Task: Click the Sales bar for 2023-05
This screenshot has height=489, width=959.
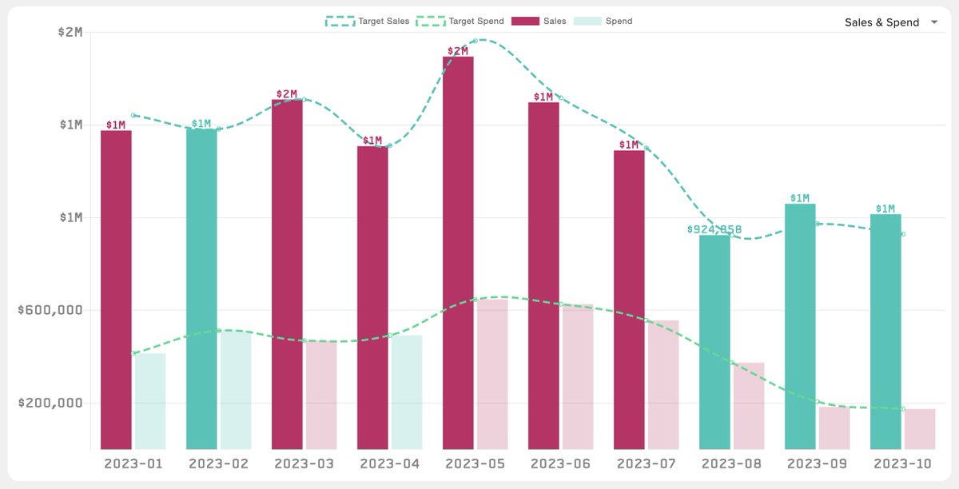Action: [458, 252]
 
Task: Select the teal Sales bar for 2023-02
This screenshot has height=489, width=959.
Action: [201, 288]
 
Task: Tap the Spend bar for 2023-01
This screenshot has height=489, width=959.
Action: [150, 401]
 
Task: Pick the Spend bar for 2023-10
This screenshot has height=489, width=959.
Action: [920, 429]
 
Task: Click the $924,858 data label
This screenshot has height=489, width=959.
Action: [714, 229]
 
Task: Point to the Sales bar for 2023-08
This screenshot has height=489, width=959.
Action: [714, 342]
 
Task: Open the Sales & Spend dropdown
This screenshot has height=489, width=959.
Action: [890, 22]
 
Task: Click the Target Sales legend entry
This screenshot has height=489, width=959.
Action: [367, 21]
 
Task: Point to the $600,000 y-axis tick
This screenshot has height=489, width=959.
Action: [50, 310]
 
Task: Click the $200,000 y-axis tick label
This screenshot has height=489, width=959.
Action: [50, 403]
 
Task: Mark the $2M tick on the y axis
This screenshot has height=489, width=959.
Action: [70, 32]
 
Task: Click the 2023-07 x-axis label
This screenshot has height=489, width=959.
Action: [646, 464]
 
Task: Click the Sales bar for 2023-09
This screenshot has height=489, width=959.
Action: [800, 326]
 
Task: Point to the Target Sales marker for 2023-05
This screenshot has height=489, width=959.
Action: [475, 41]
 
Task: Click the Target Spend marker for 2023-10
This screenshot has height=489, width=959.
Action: [903, 409]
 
